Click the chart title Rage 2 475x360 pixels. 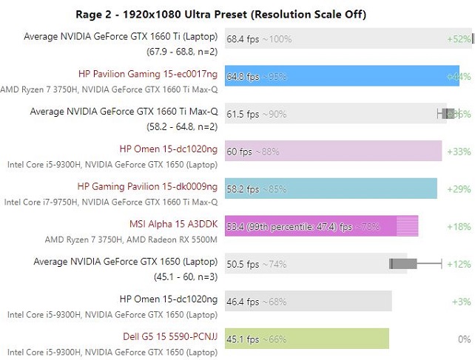[x=221, y=14]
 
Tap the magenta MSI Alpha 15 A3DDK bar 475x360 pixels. [x=321, y=226]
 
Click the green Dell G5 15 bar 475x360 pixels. [x=306, y=339]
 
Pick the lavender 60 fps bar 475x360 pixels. [x=333, y=151]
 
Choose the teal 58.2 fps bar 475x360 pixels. [x=331, y=189]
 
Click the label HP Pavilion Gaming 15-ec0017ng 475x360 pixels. [x=148, y=74]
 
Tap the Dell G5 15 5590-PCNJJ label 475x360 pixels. [x=170, y=337]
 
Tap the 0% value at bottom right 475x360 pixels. [x=465, y=339]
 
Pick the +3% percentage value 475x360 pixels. [x=461, y=302]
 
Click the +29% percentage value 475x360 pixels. [x=459, y=189]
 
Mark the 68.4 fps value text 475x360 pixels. [x=243, y=38]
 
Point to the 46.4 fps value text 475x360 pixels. [x=243, y=302]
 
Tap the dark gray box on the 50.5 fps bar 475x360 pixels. [x=398, y=263]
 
